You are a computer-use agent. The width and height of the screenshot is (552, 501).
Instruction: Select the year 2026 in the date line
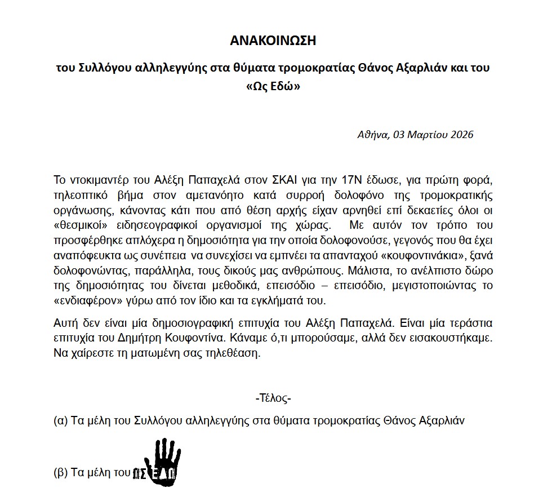tap(461, 135)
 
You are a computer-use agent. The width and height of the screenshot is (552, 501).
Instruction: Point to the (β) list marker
tap(60, 473)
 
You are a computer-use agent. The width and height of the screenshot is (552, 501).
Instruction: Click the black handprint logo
tap(160, 462)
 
